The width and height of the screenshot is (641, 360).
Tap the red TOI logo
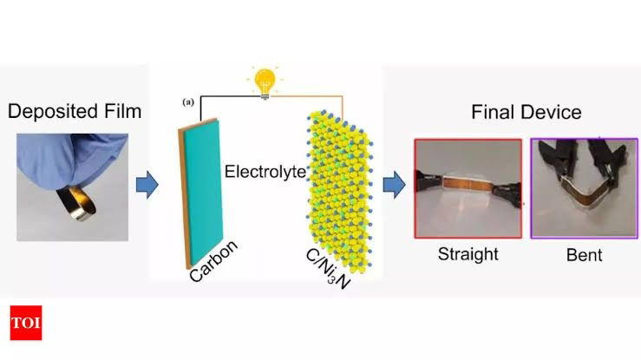(26, 323)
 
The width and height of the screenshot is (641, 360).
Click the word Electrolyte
(265, 171)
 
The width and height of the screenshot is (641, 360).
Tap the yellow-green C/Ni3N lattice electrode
(337, 183)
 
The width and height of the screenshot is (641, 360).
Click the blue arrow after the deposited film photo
(147, 185)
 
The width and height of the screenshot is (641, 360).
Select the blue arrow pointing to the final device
(394, 184)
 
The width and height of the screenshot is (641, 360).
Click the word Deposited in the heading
(49, 111)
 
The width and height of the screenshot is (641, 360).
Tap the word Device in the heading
(553, 113)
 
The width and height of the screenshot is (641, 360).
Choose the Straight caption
(468, 254)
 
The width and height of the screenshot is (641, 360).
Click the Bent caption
(584, 255)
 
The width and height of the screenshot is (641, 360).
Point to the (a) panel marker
(187, 102)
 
